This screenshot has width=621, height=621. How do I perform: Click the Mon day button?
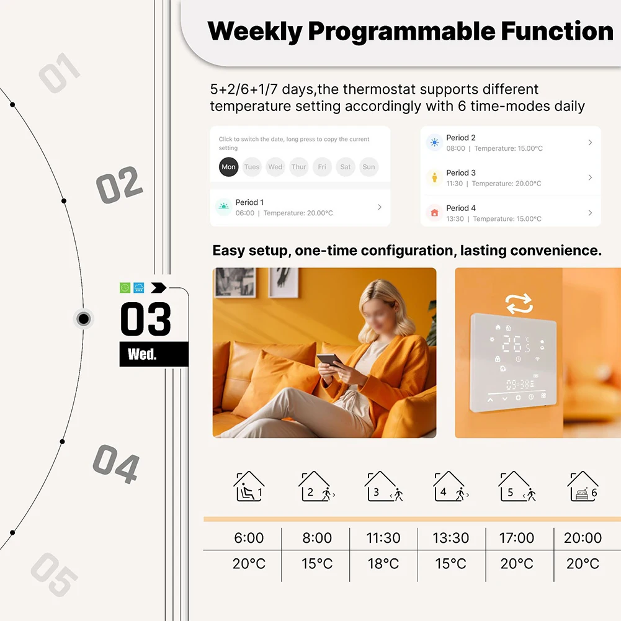[x=228, y=167]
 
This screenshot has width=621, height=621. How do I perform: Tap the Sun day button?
[x=369, y=167]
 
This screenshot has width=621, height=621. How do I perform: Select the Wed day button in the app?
[x=275, y=167]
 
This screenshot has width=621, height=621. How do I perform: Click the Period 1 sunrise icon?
[x=223, y=207]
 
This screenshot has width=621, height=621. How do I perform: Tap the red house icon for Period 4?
[x=434, y=213]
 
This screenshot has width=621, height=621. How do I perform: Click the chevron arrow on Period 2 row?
[x=590, y=143]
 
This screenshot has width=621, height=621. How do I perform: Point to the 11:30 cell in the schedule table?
[x=383, y=538]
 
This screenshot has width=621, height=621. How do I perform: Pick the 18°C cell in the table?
[x=383, y=564]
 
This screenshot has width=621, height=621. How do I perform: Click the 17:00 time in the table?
[x=517, y=538]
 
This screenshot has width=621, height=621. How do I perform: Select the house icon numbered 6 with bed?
[x=583, y=487]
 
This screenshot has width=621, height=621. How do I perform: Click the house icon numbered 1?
[x=249, y=487]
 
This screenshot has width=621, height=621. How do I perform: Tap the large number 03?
[x=146, y=319]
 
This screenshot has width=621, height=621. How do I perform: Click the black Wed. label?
[x=143, y=355]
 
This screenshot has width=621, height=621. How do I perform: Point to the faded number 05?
[x=55, y=574]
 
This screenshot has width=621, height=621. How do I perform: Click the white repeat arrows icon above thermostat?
[x=519, y=303]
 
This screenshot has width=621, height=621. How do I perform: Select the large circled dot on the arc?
[x=84, y=319]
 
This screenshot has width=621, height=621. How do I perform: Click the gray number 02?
[x=119, y=185]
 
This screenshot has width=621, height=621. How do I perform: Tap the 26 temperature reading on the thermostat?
[x=512, y=344]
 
